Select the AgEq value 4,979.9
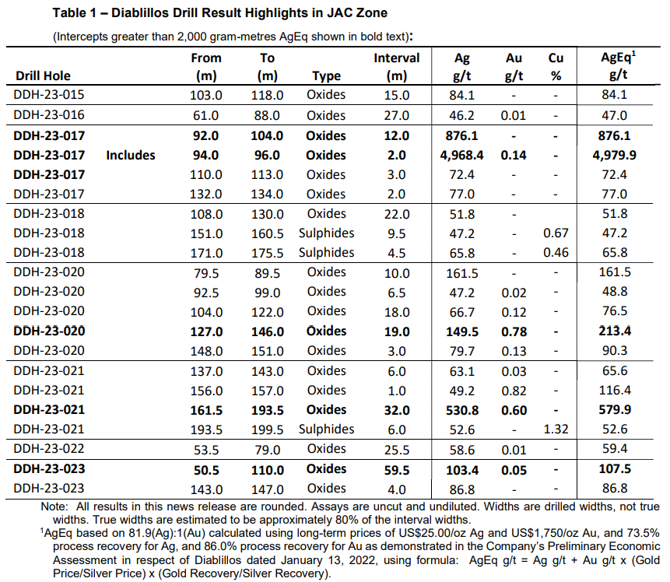(x=614, y=155)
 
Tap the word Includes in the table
(x=131, y=155)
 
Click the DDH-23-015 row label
(x=49, y=95)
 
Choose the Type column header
(x=326, y=75)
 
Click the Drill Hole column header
(x=42, y=75)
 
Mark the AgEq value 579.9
(x=614, y=409)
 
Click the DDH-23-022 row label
(x=49, y=449)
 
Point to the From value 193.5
(x=206, y=429)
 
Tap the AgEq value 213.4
(x=614, y=331)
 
